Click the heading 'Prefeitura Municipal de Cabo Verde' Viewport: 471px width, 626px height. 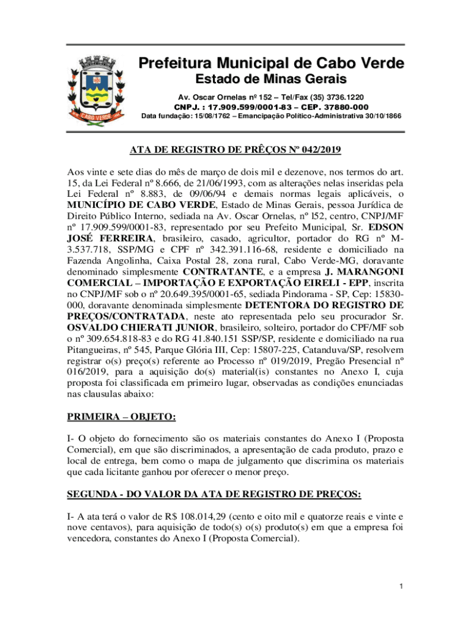pos(270,64)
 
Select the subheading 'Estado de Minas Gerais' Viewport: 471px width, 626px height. pos(270,79)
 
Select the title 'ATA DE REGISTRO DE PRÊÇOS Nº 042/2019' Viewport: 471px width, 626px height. pos(235,150)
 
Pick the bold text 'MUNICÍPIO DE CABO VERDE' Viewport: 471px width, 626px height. pos(141,204)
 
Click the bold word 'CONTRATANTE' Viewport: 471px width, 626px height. pos(223,271)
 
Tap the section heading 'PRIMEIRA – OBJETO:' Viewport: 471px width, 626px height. pos(121,417)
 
